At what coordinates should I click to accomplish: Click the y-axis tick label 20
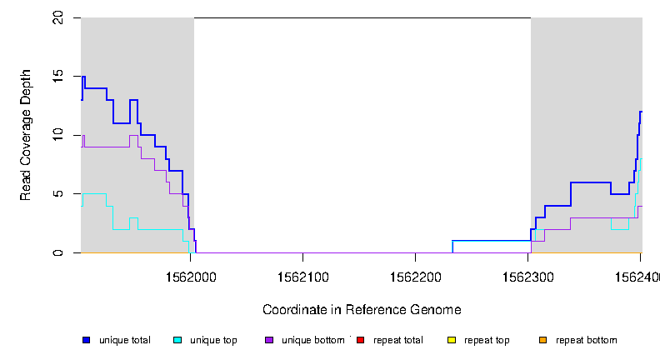(x=57, y=17)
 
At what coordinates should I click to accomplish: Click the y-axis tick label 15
(x=57, y=77)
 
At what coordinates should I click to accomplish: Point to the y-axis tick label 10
(x=57, y=135)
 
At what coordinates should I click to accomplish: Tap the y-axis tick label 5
(x=57, y=194)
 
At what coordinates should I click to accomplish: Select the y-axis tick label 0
(x=57, y=252)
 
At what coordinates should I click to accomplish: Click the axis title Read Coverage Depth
(x=26, y=135)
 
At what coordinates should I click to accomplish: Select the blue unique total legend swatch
(x=86, y=340)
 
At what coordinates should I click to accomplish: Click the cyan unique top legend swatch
(x=177, y=340)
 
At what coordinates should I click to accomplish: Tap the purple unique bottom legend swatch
(x=269, y=340)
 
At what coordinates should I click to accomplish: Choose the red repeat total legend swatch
(x=360, y=340)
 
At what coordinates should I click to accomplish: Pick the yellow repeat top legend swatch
(x=452, y=340)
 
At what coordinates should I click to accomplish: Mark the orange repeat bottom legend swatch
(x=542, y=340)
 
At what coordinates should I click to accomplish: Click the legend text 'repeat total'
(x=398, y=340)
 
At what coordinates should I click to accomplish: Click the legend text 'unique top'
(x=213, y=340)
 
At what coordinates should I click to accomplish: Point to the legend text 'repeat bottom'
(x=587, y=340)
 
